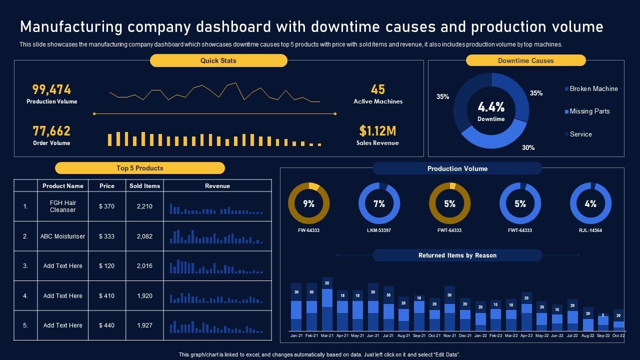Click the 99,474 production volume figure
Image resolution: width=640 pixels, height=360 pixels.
click(51, 89)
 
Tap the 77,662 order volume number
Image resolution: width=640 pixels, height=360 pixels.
click(51, 131)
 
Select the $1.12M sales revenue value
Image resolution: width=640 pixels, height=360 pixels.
click(377, 131)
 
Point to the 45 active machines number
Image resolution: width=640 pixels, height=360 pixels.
click(378, 89)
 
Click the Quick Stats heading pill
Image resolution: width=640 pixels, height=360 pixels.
click(218, 60)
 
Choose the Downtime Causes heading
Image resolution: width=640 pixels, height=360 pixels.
click(525, 60)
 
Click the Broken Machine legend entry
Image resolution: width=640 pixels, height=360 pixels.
click(593, 88)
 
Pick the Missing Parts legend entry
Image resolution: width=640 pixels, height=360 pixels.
click(589, 111)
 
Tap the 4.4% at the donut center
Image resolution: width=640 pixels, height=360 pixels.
click(491, 107)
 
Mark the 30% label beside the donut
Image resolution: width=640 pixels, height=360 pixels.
click(528, 147)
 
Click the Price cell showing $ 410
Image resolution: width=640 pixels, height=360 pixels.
click(106, 295)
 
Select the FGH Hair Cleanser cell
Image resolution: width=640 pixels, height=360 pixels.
click(63, 206)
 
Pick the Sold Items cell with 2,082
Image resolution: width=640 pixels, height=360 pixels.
click(144, 236)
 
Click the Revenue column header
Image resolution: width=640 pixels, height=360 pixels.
click(217, 186)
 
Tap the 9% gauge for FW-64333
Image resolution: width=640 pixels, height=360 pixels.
click(308, 203)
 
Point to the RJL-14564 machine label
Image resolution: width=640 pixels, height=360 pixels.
click(590, 230)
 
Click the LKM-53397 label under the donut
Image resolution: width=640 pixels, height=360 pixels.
click(379, 230)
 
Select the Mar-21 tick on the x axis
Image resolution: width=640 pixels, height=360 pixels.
click(327, 335)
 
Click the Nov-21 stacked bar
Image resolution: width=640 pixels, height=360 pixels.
click(449, 308)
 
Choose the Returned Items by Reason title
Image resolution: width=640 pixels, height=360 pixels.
click(457, 255)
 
